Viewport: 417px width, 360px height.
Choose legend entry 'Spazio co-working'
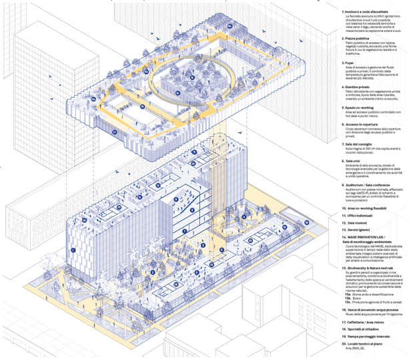pos(360,107)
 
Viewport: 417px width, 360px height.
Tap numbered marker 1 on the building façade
pos(73,249)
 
